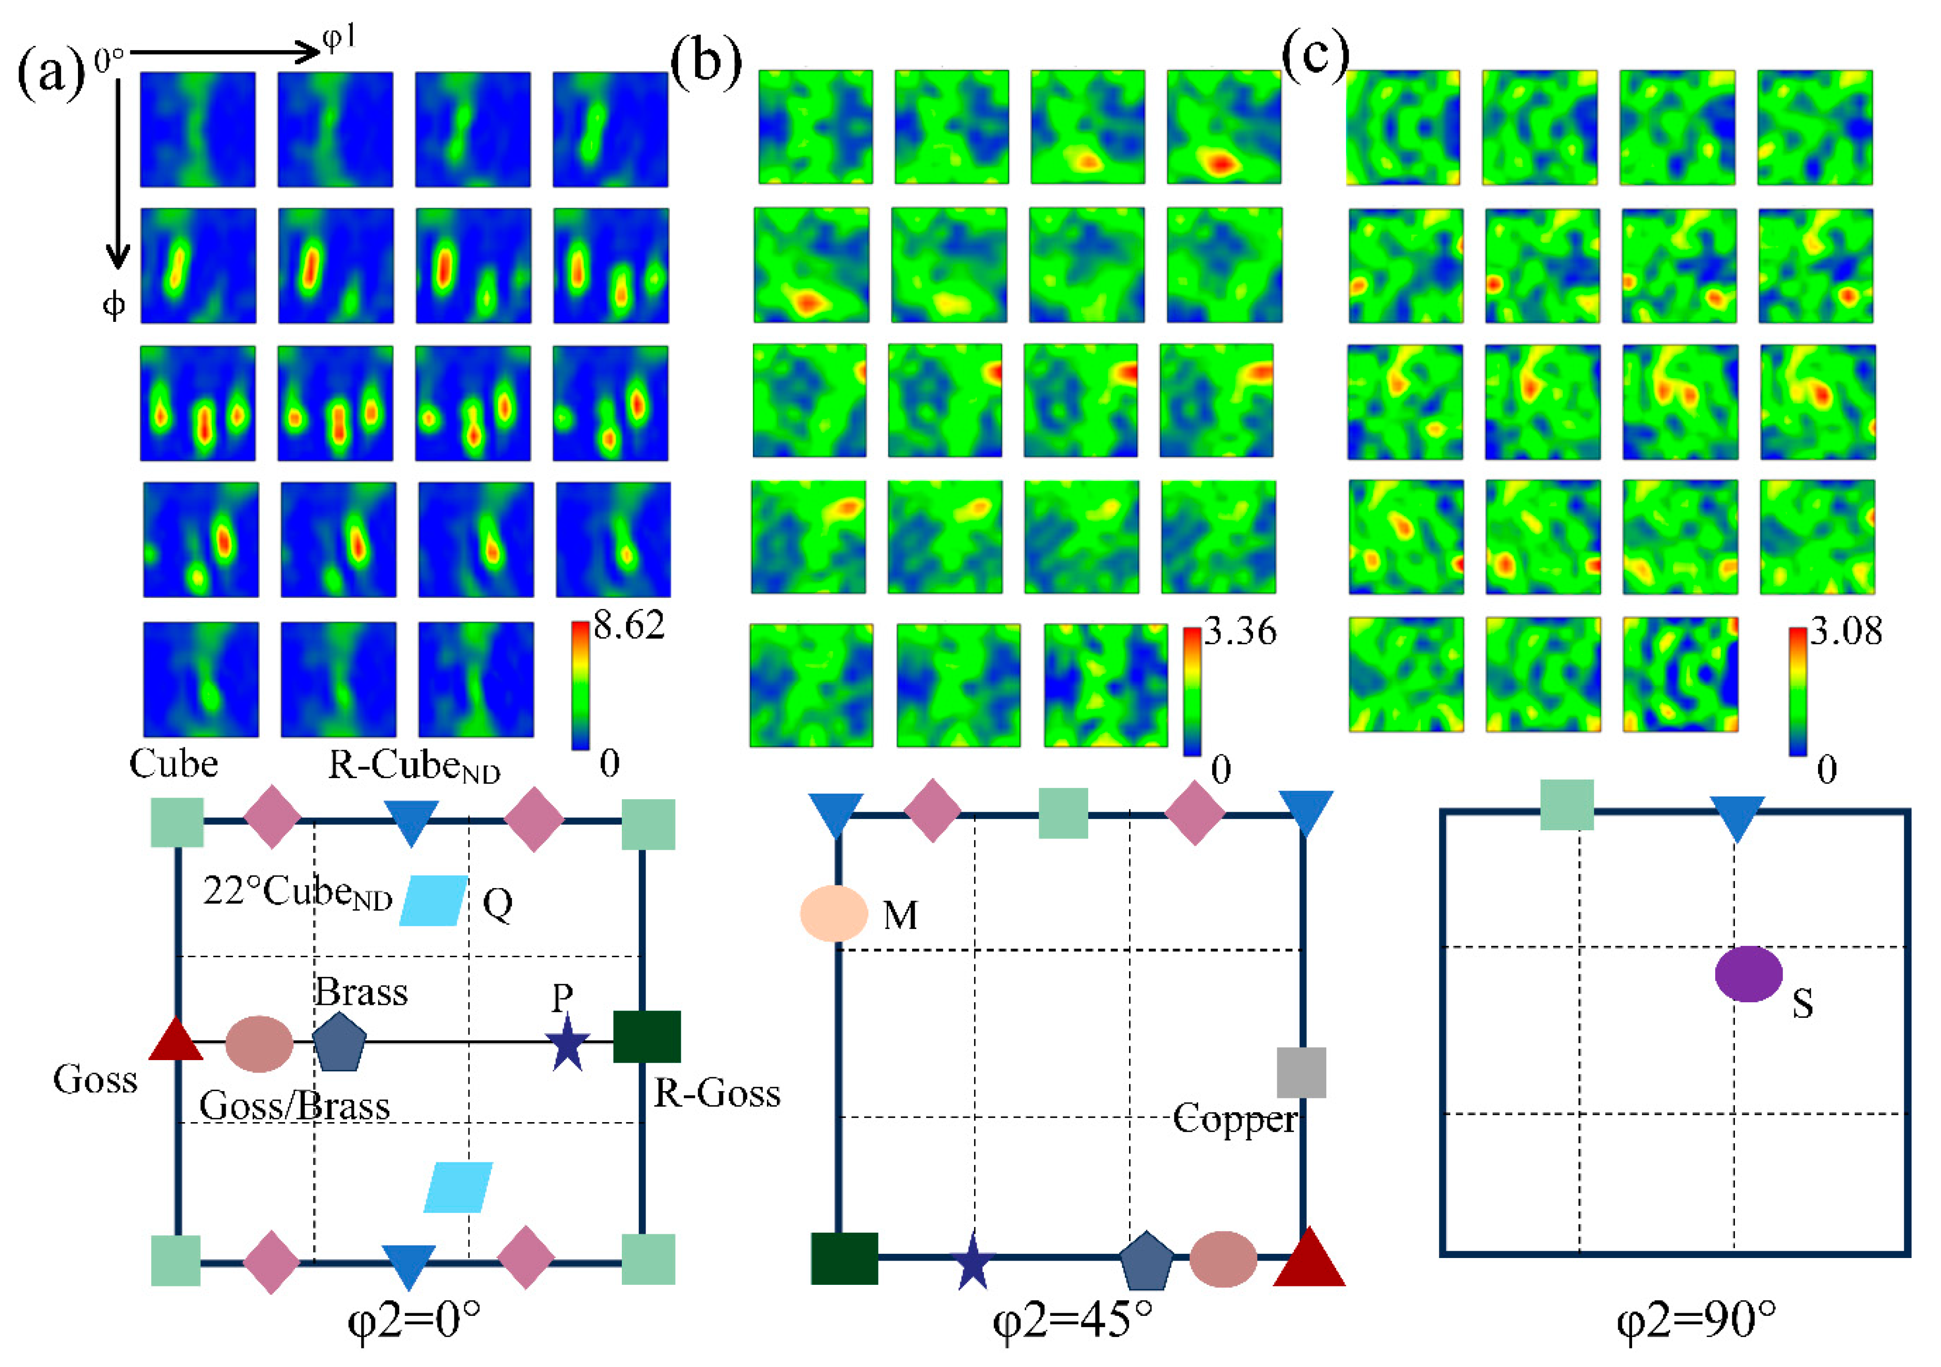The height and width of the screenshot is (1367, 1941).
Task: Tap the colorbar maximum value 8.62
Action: [x=629, y=626]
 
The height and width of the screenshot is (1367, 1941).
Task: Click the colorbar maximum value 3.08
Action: [x=1845, y=631]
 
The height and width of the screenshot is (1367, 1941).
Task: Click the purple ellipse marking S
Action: [x=1748, y=974]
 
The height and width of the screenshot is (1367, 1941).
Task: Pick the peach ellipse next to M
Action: [x=834, y=913]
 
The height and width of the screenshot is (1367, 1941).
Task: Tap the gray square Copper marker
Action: [x=1301, y=1072]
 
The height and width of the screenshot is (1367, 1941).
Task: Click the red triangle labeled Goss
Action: [x=176, y=1040]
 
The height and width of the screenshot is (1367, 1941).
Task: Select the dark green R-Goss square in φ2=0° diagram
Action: [x=647, y=1036]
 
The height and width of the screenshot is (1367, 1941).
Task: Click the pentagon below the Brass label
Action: [x=339, y=1040]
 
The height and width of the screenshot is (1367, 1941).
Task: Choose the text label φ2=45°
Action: [x=1072, y=1319]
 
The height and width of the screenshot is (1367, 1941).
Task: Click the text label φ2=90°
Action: [x=1696, y=1319]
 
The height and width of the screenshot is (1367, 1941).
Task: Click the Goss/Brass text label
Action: [x=294, y=1106]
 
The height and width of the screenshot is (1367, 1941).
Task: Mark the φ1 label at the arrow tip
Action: [x=340, y=38]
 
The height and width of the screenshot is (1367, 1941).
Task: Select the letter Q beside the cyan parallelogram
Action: [x=497, y=904]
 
